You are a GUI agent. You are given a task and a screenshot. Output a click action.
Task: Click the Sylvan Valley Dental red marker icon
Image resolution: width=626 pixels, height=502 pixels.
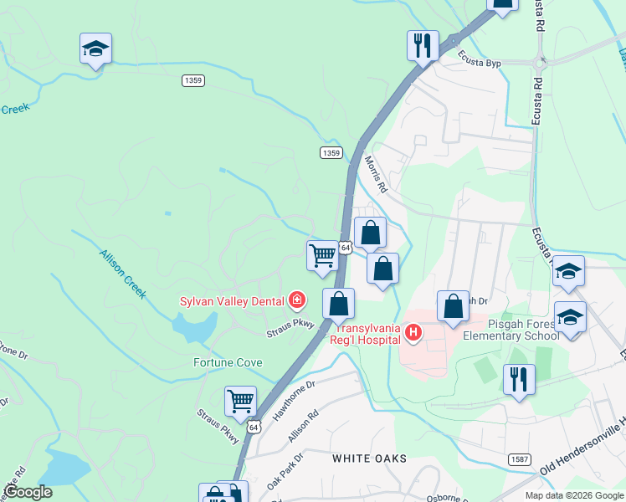tap(296, 300)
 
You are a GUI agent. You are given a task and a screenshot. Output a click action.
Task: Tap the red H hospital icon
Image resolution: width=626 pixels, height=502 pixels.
tap(413, 333)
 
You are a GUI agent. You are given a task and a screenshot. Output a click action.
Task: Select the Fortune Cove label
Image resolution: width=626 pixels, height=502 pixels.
tap(228, 362)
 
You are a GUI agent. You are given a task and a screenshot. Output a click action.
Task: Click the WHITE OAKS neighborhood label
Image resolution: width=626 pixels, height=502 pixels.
tap(369, 458)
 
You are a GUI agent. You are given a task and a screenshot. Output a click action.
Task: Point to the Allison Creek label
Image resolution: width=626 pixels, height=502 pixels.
tap(123, 274)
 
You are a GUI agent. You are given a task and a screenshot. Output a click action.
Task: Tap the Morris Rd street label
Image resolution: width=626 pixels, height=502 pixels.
tap(375, 174)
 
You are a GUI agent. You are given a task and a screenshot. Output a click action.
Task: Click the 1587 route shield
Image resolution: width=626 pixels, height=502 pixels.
tap(519, 459)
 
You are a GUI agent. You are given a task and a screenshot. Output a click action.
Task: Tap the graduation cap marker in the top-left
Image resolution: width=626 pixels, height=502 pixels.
tap(95, 49)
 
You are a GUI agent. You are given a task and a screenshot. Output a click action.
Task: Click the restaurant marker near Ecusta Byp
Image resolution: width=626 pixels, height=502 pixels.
tap(423, 44)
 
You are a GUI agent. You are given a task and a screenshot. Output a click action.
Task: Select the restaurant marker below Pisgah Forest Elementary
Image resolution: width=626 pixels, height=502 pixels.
tap(519, 379)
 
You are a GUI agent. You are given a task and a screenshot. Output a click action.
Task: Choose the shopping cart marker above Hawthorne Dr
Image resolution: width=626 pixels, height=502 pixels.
tap(241, 401)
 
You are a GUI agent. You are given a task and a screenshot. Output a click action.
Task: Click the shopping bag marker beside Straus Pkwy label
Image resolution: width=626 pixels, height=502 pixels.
tap(338, 303)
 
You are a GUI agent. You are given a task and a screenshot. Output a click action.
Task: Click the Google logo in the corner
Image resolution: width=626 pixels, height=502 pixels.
tap(28, 492)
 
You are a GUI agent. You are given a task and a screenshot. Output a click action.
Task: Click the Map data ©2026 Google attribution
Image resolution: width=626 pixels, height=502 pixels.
tap(573, 495)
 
